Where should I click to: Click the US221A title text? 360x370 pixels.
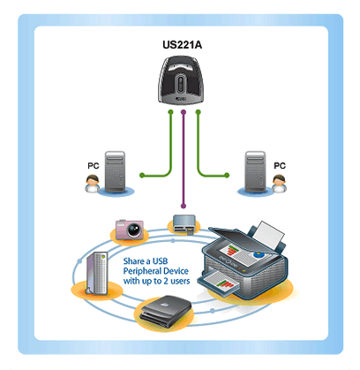pos(182,45)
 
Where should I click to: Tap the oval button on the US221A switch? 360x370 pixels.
pos(181,83)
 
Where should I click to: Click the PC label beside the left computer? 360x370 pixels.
pos(94,166)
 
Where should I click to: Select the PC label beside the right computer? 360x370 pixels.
pos(280,166)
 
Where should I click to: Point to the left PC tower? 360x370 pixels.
pos(115,172)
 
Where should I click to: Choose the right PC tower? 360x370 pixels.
pos(255,172)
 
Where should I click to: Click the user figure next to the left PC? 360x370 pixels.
pos(92,184)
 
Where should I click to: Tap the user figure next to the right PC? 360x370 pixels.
pos(279,184)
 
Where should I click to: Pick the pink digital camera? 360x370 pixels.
pos(130,230)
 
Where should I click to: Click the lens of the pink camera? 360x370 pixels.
pos(135,230)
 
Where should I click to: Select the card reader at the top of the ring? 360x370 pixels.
pos(184,224)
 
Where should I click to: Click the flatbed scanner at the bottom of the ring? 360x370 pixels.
pos(166,311)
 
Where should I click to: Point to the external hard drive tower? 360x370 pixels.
pos(97,273)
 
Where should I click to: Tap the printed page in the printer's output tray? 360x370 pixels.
pos(219,283)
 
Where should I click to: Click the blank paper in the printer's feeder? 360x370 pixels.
pos(268,235)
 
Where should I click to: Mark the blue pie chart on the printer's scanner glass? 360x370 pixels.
pos(258,253)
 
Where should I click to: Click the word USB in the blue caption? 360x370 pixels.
pos(160,261)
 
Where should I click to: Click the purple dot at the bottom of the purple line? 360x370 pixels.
pos(184,206)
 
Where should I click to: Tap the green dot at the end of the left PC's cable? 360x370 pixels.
pos(142,175)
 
